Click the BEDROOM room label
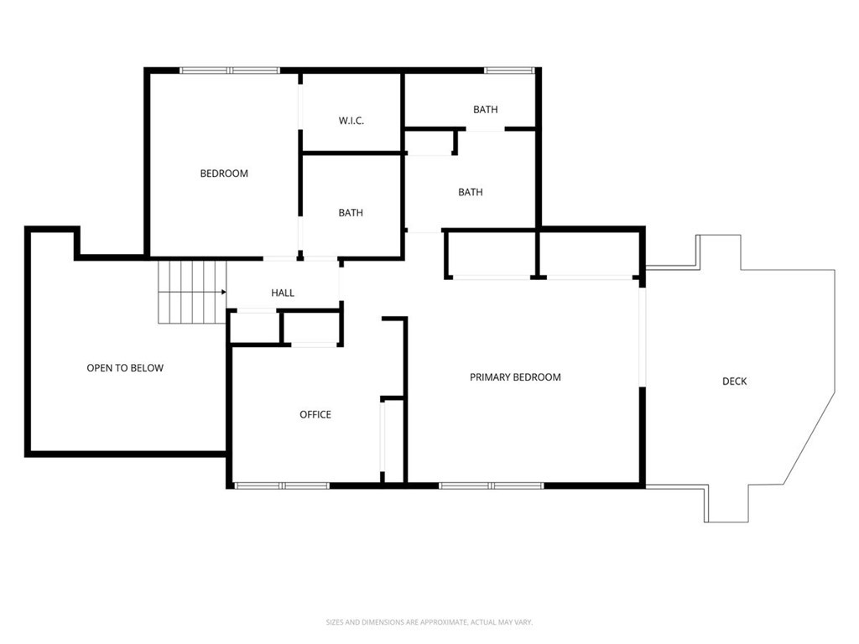pos(224,174)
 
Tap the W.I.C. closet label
pos(351,121)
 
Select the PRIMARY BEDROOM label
pos(515,377)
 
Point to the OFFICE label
pos(315,414)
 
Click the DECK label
pos(734,382)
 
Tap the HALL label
pos(283,293)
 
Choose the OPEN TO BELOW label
pos(125,368)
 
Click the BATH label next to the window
pos(485,110)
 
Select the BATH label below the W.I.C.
pos(351,213)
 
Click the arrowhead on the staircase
pos(223,293)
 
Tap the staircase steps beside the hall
pos(191,292)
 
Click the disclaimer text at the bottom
pos(429,622)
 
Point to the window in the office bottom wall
pos(282,485)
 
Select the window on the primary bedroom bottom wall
pos(492,485)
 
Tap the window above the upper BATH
pos(508,70)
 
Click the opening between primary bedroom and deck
pos(643,335)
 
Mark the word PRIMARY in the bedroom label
pos(491,377)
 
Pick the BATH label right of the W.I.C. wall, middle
pos(471,192)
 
